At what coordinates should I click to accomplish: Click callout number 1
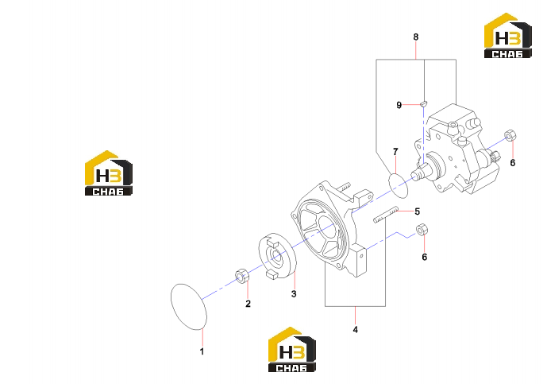point(202,351)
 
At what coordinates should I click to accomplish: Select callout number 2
point(248,304)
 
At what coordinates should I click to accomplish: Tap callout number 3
point(294,294)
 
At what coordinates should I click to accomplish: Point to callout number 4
point(355,329)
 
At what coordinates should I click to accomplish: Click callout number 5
point(418,211)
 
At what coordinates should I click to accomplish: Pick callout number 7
point(395,152)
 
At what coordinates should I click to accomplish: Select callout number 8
point(415,37)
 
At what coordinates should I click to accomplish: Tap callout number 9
point(399,105)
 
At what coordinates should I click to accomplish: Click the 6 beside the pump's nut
point(512,163)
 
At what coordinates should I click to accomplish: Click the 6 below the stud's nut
point(424,257)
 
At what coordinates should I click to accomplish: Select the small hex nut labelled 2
point(241,276)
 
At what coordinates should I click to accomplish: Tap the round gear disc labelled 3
point(277,256)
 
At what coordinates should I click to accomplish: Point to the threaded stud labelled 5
point(386,215)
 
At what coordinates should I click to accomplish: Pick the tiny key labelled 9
point(423,103)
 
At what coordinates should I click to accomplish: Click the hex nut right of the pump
point(510,135)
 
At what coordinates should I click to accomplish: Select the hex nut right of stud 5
point(422,230)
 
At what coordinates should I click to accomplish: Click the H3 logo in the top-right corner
point(508,36)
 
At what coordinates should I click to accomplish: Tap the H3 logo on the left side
point(109,173)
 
